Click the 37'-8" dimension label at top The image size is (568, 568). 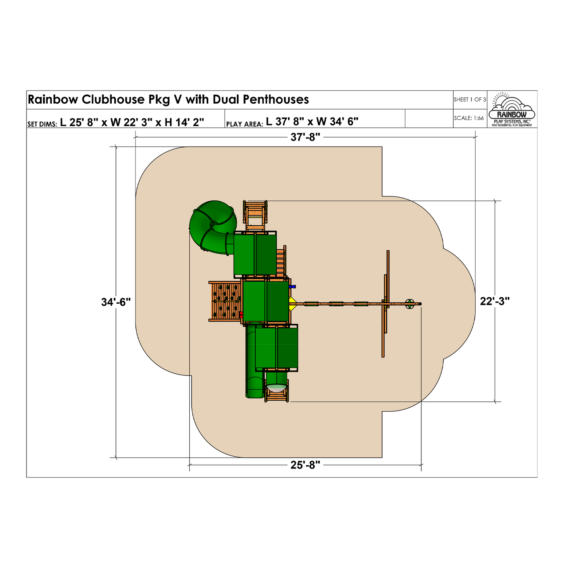tap(305, 137)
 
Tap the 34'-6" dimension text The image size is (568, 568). tap(116, 302)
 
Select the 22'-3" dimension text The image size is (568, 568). tap(495, 301)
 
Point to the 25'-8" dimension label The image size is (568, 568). tap(305, 465)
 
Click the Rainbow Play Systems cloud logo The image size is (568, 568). tap(512, 109)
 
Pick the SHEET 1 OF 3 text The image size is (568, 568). tap(470, 100)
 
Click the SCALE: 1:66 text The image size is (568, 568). tap(469, 118)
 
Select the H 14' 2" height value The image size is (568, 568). tap(184, 122)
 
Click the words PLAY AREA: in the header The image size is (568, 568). tap(244, 124)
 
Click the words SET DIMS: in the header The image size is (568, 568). tap(42, 124)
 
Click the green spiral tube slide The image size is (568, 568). tap(212, 225)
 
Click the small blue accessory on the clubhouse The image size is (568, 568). tap(292, 287)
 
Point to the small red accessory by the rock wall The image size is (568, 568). tap(241, 314)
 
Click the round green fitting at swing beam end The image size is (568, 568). tap(410, 304)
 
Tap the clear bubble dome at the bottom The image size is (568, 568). tap(276, 387)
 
